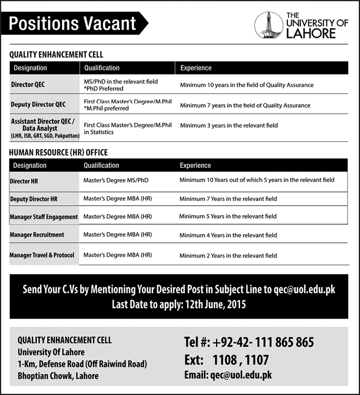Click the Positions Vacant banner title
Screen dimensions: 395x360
coord(73,23)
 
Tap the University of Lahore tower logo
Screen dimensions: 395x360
coord(268,25)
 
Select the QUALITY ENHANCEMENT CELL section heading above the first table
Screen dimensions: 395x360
coord(56,55)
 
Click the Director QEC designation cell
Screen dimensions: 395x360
coord(28,85)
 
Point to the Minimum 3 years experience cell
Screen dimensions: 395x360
coord(229,125)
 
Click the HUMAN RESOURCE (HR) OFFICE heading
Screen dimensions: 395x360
coord(59,153)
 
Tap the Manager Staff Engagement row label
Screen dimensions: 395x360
coord(43,217)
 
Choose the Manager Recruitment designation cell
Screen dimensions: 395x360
coord(37,235)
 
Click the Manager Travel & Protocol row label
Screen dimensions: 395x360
coord(42,255)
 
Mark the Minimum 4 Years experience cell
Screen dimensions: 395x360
coord(228,235)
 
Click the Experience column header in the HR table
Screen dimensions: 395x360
coord(195,166)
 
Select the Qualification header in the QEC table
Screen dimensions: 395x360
coord(102,68)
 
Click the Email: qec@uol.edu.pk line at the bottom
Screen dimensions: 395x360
coord(227,375)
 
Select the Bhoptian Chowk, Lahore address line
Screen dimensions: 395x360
coord(58,375)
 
